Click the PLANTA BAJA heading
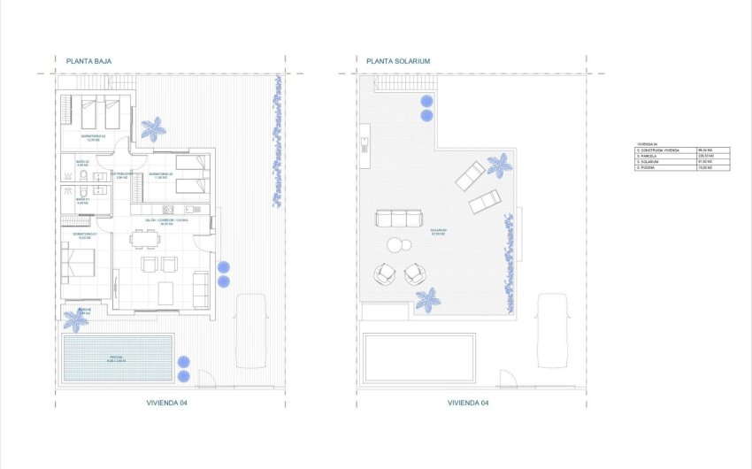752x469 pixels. pos(88,61)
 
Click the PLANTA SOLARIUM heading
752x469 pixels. pos(398,61)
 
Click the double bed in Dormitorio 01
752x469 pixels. pos(81,263)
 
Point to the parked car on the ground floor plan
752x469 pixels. pos(251,331)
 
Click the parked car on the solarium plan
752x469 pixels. pos(553,330)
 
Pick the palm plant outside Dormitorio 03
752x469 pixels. pos(153,129)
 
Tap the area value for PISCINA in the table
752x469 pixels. pos(713,168)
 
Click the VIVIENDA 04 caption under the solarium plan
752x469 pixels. pos(468,402)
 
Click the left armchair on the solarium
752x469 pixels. pos(385,274)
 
